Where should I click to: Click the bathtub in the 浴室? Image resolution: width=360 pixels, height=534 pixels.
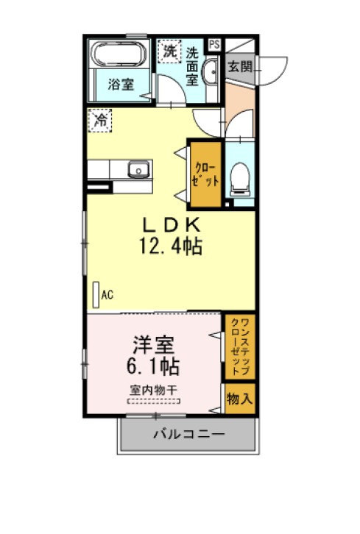click(119, 54)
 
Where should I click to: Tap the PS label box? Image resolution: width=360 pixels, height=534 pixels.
click(214, 45)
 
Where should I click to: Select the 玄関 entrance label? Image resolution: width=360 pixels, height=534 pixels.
click(240, 66)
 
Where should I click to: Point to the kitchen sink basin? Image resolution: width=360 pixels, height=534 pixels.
click(138, 169)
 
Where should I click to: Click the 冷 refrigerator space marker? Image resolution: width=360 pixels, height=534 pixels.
click(100, 120)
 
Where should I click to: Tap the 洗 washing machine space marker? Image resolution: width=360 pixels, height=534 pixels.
click(169, 51)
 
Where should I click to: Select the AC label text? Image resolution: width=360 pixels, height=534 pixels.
click(107, 295)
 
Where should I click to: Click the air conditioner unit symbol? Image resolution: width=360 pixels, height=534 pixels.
click(96, 295)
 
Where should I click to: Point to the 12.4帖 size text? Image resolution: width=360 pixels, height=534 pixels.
click(171, 246)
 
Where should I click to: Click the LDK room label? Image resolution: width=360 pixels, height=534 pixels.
click(171, 225)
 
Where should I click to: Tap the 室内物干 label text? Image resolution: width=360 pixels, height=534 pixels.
click(153, 390)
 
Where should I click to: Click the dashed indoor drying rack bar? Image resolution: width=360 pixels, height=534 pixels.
click(154, 401)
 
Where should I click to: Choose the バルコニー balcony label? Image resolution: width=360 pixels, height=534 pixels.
click(189, 434)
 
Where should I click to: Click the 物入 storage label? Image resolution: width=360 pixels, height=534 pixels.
click(240, 398)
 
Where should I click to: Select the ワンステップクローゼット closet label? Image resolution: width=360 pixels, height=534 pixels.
click(240, 346)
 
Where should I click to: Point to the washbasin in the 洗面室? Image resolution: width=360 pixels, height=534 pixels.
click(211, 71)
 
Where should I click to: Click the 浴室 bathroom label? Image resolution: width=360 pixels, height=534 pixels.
click(121, 84)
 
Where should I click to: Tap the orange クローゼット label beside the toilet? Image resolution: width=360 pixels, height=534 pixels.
click(205, 174)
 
